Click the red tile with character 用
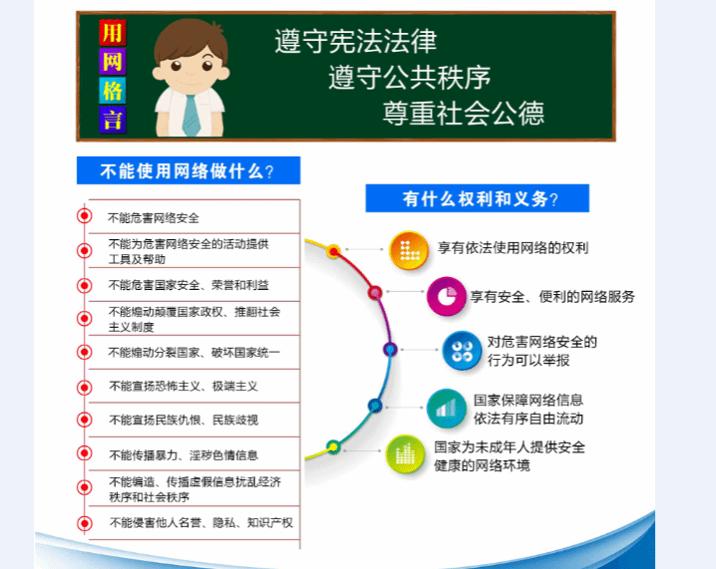tap(113, 33)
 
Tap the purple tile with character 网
tap(113, 62)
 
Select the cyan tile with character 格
tap(113, 91)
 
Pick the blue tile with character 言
tap(113, 120)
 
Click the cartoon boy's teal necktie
tap(190, 116)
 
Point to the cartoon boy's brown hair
tap(190, 39)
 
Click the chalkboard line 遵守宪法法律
tap(356, 41)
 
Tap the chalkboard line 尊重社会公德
tap(464, 114)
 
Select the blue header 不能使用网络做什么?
tap(188, 170)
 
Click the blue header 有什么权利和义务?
tap(478, 198)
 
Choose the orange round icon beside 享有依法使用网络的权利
tap(409, 250)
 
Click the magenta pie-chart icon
tap(446, 296)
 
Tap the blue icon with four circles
tap(462, 351)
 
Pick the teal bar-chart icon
tap(446, 409)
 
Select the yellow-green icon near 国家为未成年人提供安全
tap(405, 454)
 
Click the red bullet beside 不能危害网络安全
tap(85, 215)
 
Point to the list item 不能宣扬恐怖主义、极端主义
tap(183, 387)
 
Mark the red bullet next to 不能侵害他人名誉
tap(85, 523)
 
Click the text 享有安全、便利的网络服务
tap(552, 297)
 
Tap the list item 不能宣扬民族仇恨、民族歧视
tap(183, 420)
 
